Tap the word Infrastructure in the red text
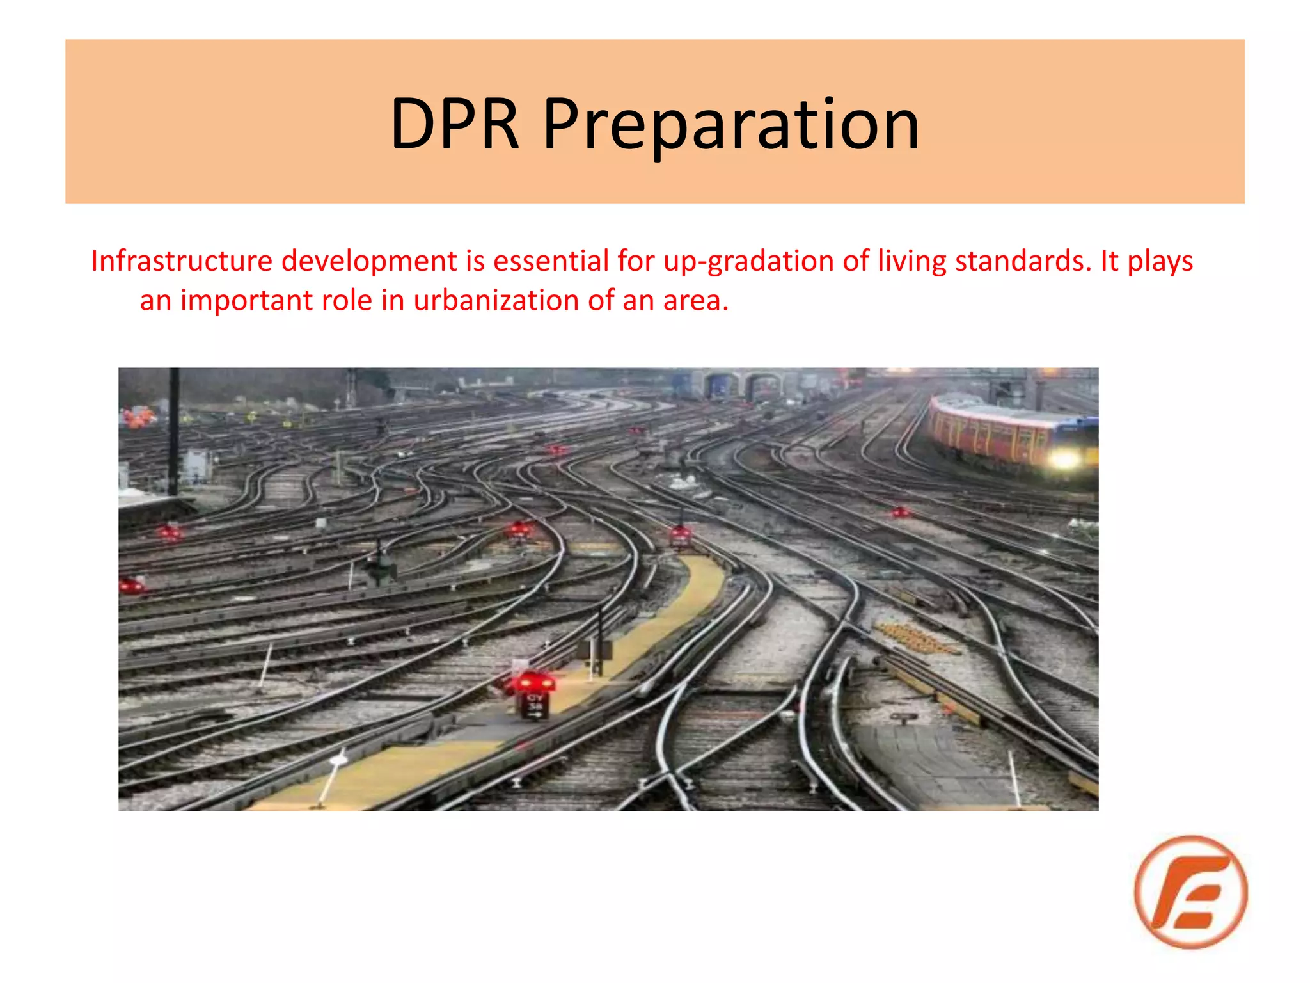coord(182,261)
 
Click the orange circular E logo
coord(1190,891)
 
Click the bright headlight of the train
coord(1064,459)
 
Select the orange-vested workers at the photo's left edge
coord(139,417)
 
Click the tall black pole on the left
coord(173,435)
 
